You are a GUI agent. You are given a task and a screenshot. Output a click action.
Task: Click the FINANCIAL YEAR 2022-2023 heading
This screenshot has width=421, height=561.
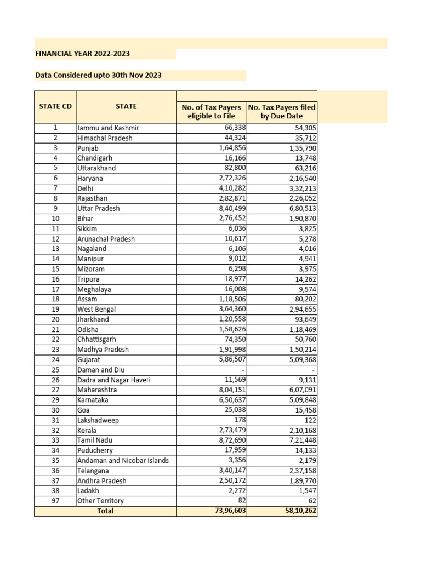(82, 54)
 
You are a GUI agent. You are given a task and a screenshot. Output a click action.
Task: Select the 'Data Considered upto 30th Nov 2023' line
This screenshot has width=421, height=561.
(98, 75)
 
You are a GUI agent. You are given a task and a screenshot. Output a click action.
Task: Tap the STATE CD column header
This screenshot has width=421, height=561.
(55, 106)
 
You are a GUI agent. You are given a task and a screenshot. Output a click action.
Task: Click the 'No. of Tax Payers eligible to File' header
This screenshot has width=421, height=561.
(211, 111)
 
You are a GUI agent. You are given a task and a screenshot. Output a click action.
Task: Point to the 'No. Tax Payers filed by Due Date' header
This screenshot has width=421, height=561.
(282, 111)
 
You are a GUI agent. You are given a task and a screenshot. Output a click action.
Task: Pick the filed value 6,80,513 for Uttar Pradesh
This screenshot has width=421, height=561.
(300, 208)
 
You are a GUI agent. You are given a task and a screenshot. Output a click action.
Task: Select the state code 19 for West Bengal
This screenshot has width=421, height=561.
(55, 310)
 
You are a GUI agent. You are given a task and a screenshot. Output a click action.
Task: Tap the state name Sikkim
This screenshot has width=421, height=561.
(88, 228)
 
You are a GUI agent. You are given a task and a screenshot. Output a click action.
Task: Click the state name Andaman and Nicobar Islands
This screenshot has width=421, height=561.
(123, 460)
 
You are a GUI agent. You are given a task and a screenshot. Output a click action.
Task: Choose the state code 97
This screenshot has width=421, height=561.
(55, 501)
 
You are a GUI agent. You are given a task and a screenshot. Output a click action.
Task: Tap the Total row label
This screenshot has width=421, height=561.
(105, 511)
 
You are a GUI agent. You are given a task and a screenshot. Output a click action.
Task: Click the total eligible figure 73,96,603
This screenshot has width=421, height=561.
(227, 511)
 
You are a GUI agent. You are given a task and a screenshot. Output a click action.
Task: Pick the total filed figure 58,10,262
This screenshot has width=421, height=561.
(297, 511)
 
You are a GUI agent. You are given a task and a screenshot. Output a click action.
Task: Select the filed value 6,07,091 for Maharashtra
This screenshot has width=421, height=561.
(300, 390)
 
